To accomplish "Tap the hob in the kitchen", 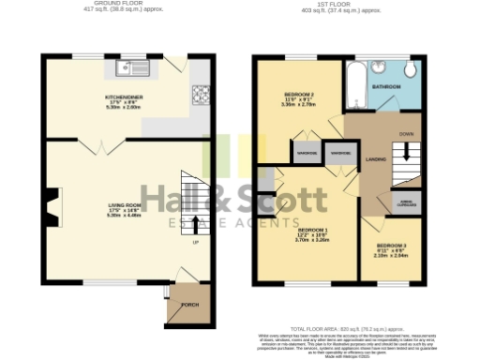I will tap(200, 94).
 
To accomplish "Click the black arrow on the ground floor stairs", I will tap(195, 223).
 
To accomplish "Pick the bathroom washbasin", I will tap(382, 67).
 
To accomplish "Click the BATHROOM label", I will tap(389, 86).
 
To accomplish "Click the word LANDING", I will tap(376, 159).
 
